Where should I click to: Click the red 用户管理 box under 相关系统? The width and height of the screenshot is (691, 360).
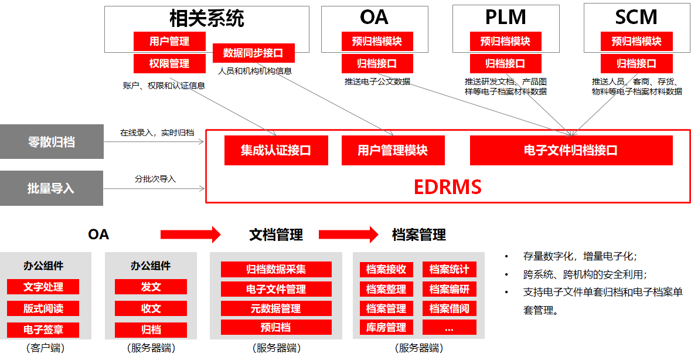click(x=169, y=41)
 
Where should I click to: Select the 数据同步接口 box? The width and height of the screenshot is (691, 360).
click(x=253, y=53)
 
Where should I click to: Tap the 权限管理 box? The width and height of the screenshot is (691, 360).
click(x=169, y=63)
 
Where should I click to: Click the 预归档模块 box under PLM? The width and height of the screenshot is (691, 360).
click(x=505, y=41)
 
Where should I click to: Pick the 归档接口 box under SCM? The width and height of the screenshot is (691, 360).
click(x=636, y=63)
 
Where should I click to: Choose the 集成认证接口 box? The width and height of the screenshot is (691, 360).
click(x=276, y=150)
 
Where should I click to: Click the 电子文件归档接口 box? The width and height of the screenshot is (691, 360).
click(x=571, y=150)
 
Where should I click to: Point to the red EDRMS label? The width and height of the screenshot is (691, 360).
click(x=447, y=187)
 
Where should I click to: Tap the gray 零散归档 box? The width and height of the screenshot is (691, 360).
click(x=52, y=141)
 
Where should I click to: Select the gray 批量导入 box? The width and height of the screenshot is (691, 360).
click(x=52, y=188)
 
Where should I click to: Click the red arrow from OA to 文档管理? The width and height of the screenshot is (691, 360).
click(x=190, y=235)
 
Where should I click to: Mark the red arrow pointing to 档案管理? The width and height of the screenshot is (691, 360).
click(x=349, y=235)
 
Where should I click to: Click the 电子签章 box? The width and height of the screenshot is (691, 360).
click(x=43, y=329)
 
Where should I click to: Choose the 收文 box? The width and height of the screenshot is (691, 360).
click(x=151, y=308)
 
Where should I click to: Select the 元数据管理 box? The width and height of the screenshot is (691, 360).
click(x=276, y=308)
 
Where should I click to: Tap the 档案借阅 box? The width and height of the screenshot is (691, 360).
click(x=450, y=308)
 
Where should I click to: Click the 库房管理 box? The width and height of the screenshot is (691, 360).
click(x=386, y=327)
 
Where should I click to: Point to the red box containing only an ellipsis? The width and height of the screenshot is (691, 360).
click(x=450, y=327)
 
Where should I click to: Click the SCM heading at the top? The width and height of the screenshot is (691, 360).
click(x=636, y=18)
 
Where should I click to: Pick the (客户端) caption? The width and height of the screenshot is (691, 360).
click(x=45, y=348)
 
